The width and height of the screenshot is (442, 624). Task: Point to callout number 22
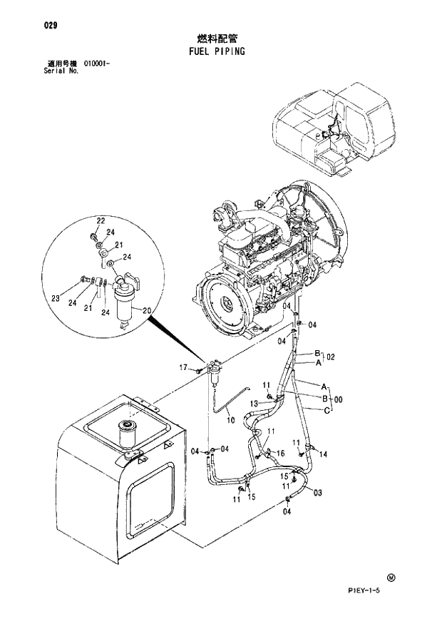click(101, 220)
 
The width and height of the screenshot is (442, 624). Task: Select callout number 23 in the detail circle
click(56, 299)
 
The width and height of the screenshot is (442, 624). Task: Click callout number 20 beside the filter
click(148, 310)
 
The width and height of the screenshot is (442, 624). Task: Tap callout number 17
click(183, 367)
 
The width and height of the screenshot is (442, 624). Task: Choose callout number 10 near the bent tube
click(230, 421)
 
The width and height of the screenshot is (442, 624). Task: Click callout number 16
click(280, 453)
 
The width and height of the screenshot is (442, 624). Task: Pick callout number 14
click(323, 454)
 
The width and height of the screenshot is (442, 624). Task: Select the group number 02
click(331, 357)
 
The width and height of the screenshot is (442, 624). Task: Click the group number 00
click(338, 399)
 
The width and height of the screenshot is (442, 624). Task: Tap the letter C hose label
click(326, 411)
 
